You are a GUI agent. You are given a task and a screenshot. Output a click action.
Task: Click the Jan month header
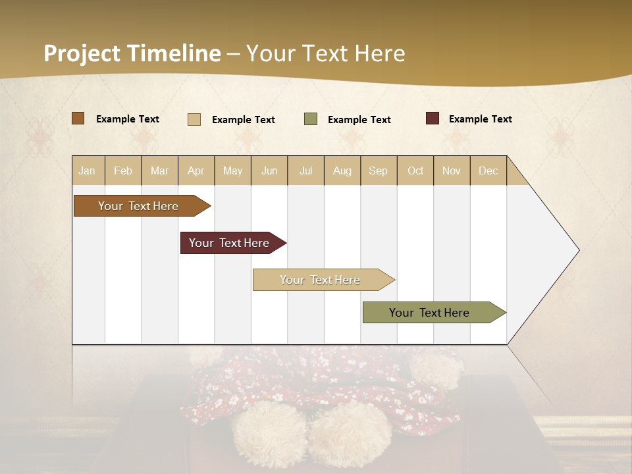87,171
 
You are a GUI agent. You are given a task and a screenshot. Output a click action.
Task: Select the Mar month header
159,171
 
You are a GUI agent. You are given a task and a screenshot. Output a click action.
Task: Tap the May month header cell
232,171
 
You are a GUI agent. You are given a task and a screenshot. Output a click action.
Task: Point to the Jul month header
305,171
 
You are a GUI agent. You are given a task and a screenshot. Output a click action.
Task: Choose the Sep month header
378,171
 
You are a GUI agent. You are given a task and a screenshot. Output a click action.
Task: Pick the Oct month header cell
415,171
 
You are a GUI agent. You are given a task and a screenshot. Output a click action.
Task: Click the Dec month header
488,171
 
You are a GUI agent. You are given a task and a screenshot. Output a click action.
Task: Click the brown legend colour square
78,118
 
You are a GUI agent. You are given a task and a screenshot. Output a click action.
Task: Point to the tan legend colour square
194,119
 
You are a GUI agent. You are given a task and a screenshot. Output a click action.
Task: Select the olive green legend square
311,119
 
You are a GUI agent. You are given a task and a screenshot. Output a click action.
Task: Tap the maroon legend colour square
432,118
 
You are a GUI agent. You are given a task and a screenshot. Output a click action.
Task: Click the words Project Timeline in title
132,53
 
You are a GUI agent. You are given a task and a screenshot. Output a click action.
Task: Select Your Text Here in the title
326,53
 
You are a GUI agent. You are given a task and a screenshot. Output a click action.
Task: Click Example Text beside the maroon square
480,119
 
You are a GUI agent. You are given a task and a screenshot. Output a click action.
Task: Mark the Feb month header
123,171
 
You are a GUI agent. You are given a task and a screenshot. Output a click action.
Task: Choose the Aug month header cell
342,171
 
